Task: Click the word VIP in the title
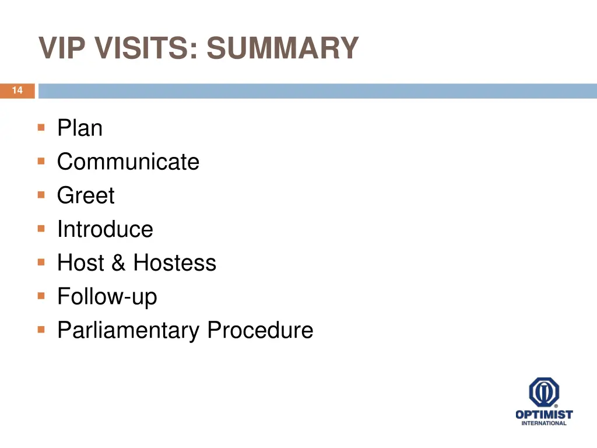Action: click(61, 48)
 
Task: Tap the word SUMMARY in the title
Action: click(282, 48)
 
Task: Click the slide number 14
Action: click(17, 90)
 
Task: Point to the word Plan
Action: click(80, 128)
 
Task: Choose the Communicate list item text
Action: click(128, 162)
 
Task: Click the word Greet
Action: click(86, 196)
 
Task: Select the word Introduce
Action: click(105, 229)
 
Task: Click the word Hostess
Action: click(174, 263)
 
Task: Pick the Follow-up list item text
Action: click(107, 297)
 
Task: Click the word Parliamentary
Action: click(128, 331)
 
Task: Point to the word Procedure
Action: click(260, 331)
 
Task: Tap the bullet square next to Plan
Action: click(41, 127)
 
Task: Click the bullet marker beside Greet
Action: click(41, 195)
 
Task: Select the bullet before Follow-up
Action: click(41, 296)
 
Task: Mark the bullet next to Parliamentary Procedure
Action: click(41, 330)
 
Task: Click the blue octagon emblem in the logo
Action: click(544, 392)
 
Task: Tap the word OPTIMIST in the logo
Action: click(544, 415)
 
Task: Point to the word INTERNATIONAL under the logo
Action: click(544, 423)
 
